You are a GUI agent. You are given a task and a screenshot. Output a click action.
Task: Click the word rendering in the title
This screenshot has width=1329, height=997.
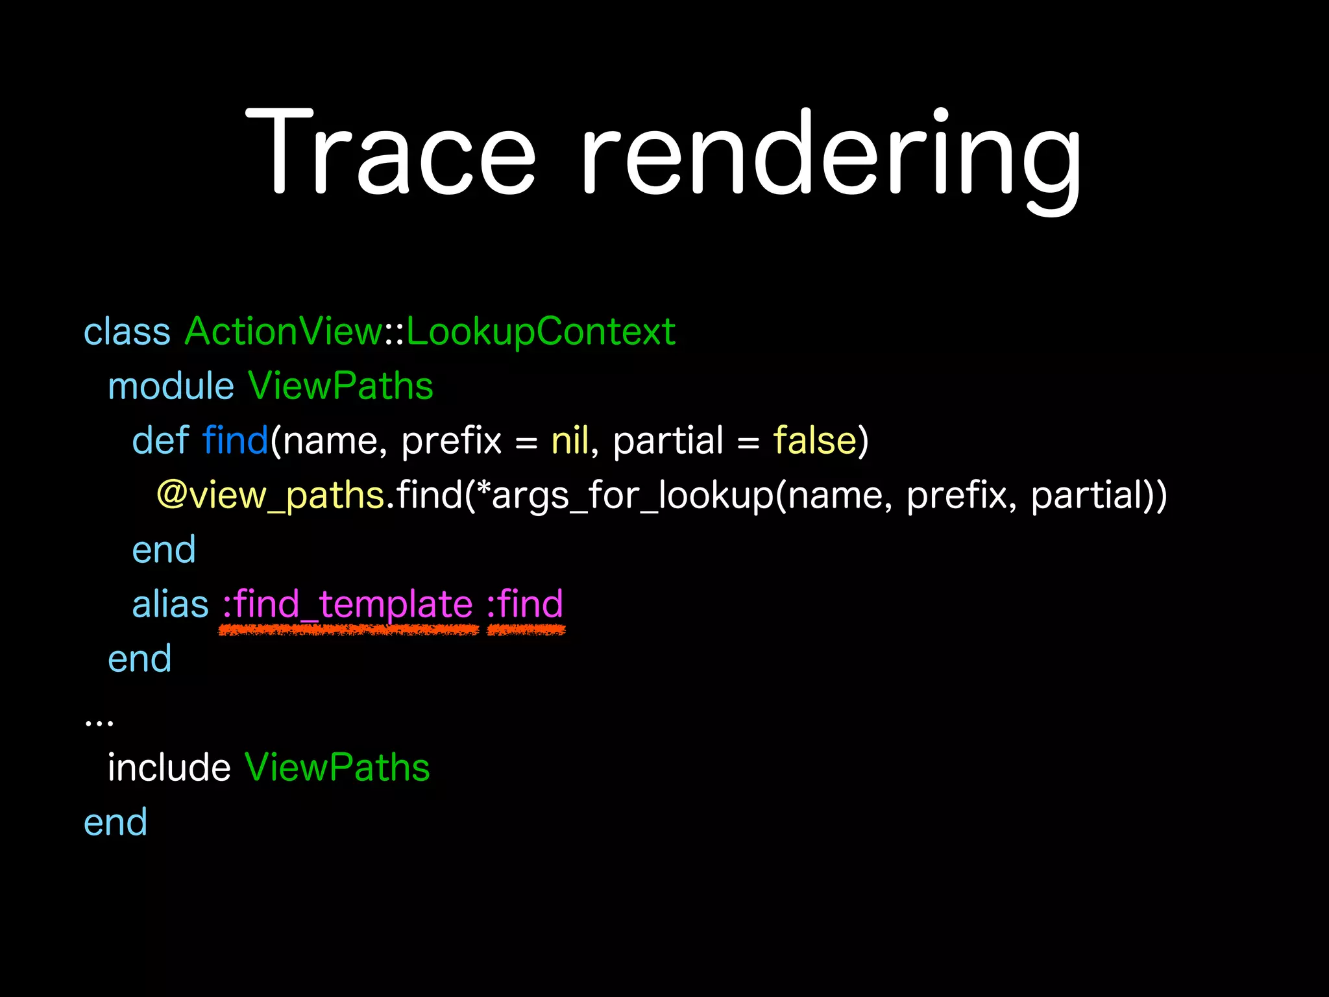[x=831, y=156]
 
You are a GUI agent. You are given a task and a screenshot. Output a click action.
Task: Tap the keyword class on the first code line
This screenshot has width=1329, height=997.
[x=127, y=332]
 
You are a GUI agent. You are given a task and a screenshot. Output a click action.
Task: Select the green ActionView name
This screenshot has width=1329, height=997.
[x=284, y=332]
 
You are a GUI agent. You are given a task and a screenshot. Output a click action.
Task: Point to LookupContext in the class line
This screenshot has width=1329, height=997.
[x=541, y=332]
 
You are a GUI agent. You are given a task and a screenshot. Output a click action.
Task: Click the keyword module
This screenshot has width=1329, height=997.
[x=171, y=386]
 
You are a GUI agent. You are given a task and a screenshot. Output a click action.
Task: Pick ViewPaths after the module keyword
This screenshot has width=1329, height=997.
[x=340, y=386]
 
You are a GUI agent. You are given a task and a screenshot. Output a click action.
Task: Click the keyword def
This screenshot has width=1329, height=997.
[x=160, y=441]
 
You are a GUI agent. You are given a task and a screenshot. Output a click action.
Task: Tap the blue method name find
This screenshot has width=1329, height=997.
[x=235, y=441]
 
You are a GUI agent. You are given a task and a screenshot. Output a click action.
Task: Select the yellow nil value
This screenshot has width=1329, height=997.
[x=570, y=441]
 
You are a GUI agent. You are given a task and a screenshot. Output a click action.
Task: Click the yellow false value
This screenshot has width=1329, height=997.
[x=814, y=441]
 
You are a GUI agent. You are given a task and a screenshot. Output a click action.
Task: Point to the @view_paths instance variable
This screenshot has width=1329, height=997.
[x=271, y=495]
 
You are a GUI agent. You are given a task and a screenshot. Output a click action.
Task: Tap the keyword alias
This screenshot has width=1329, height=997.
[x=170, y=604]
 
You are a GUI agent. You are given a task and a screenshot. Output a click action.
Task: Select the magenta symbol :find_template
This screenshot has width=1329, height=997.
[x=348, y=604]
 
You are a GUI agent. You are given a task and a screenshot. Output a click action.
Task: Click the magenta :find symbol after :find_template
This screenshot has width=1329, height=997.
[x=525, y=604]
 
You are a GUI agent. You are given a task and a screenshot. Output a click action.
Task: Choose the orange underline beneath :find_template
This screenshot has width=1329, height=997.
[x=348, y=630]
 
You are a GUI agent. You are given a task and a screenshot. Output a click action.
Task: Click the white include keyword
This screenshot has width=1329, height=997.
[x=169, y=768]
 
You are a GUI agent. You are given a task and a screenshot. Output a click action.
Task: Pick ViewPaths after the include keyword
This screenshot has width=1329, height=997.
[x=337, y=768]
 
